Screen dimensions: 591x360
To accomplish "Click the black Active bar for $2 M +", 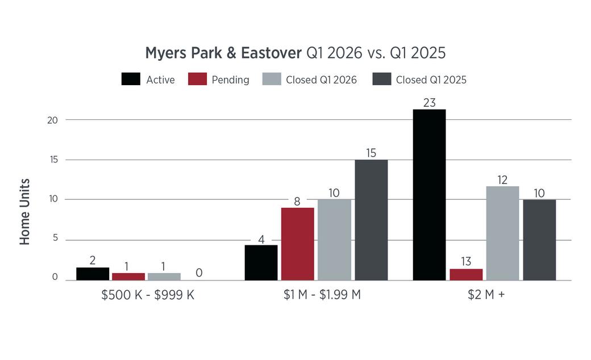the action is click(x=429, y=195).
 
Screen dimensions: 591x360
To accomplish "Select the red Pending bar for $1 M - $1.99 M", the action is click(x=297, y=244).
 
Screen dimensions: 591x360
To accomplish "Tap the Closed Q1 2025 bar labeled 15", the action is click(x=371, y=220).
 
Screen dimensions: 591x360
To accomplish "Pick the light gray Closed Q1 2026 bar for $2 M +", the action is click(x=502, y=233).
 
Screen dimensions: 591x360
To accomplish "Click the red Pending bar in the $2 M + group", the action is click(x=466, y=274).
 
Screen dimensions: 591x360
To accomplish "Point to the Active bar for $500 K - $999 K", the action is click(x=93, y=274).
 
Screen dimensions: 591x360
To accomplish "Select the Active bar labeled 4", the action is click(x=261, y=262).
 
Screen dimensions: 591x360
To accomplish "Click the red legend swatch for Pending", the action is click(x=198, y=79).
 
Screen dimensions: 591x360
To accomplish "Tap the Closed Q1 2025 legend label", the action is click(x=431, y=80).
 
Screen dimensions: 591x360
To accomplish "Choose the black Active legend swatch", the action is click(x=131, y=79).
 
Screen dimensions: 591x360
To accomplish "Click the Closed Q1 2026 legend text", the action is click(x=321, y=80).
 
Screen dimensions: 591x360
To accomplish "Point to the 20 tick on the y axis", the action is click(x=52, y=120).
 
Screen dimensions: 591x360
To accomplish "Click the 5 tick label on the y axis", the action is click(x=56, y=238).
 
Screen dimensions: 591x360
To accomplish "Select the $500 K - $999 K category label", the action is click(x=148, y=295).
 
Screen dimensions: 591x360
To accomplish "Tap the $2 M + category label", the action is click(x=486, y=295).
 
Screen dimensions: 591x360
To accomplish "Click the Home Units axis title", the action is click(x=24, y=212).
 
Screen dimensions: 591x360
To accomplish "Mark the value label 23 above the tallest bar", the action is click(x=429, y=102).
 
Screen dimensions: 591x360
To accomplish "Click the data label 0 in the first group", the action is click(x=199, y=273).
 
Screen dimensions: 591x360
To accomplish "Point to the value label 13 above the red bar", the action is click(x=466, y=261).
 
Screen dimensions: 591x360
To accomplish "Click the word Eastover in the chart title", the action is click(x=272, y=53).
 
